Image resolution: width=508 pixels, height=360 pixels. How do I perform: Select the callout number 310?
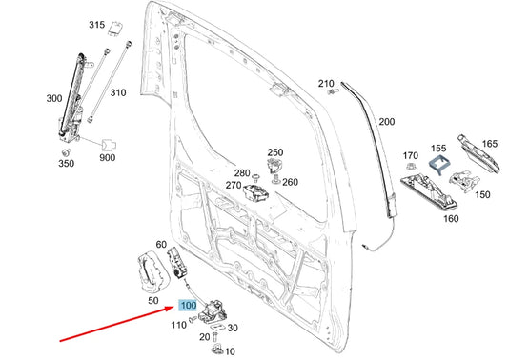coord(117,92)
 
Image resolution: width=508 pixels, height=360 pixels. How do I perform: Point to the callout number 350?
coord(66,165)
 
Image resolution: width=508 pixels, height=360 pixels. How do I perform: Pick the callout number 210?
coord(326,83)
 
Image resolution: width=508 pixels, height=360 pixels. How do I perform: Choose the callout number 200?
coord(386,122)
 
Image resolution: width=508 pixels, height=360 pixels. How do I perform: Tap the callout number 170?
coord(411,155)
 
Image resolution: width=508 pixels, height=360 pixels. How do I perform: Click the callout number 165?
coord(489,144)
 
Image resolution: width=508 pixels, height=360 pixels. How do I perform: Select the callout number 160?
coord(451,218)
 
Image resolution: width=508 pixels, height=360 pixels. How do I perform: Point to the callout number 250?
coord(275,152)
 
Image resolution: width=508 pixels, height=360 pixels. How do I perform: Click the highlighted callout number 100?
coord(187,306)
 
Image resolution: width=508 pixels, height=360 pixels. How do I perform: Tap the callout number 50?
coord(154,300)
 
